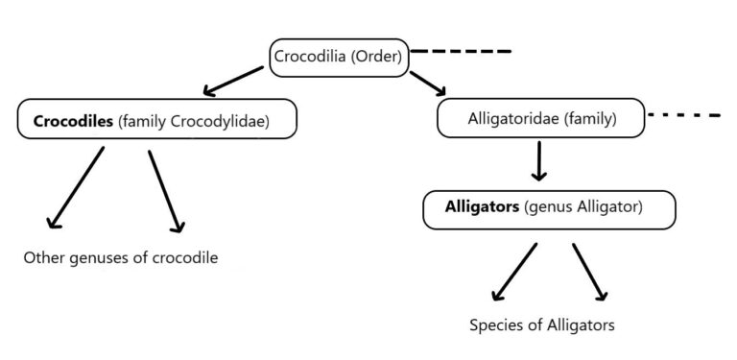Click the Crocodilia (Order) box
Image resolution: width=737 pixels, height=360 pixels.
pyautogui.click(x=340, y=57)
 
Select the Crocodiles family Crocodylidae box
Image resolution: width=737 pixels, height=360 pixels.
pyautogui.click(x=156, y=122)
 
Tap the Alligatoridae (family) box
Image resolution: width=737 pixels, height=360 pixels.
pyautogui.click(x=540, y=119)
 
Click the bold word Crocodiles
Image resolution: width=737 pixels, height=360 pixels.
pyautogui.click(x=73, y=122)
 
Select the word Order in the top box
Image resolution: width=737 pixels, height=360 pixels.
pyautogui.click(x=378, y=57)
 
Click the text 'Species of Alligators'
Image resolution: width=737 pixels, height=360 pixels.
pyautogui.click(x=542, y=324)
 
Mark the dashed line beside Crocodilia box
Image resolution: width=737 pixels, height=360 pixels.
pyautogui.click(x=462, y=50)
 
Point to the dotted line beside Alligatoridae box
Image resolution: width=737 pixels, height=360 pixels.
pyautogui.click(x=684, y=115)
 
